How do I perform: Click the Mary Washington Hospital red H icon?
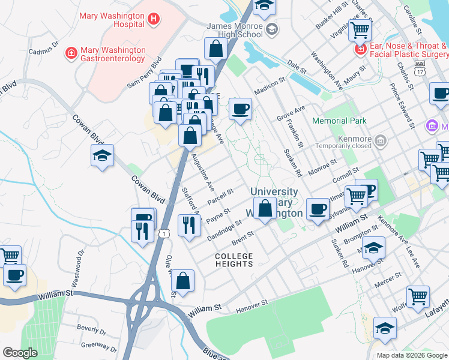(x=154, y=19)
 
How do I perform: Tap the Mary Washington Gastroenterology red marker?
(x=71, y=53)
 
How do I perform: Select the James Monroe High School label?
(x=235, y=31)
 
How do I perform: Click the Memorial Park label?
(x=339, y=121)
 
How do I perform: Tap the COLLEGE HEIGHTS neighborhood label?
(x=234, y=260)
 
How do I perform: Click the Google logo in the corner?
(x=20, y=353)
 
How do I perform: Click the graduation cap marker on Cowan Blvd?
(x=102, y=156)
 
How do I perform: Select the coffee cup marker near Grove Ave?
(x=240, y=109)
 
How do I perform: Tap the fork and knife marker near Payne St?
(x=189, y=226)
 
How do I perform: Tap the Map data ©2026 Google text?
(x=412, y=355)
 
